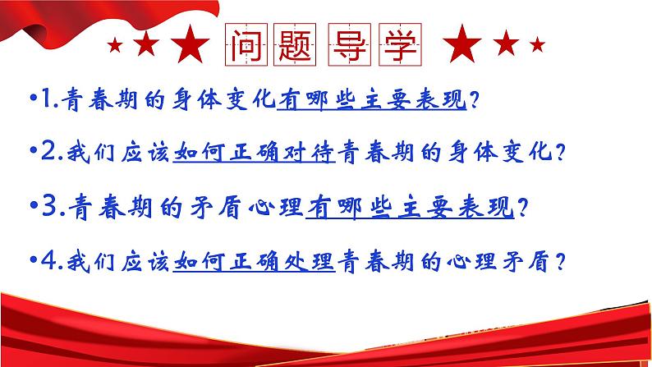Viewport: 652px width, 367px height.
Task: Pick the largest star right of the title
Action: tap(466, 41)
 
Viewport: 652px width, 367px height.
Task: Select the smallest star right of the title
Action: tap(536, 42)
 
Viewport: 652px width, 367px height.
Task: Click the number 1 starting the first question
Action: tap(41, 101)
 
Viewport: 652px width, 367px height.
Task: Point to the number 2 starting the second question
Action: tap(41, 154)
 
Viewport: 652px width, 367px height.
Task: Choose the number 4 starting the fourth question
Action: tap(41, 260)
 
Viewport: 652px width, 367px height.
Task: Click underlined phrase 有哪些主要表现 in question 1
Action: tap(372, 101)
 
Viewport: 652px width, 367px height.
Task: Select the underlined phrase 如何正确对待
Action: tap(255, 154)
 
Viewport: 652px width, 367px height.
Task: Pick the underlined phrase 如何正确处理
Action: tap(255, 260)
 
